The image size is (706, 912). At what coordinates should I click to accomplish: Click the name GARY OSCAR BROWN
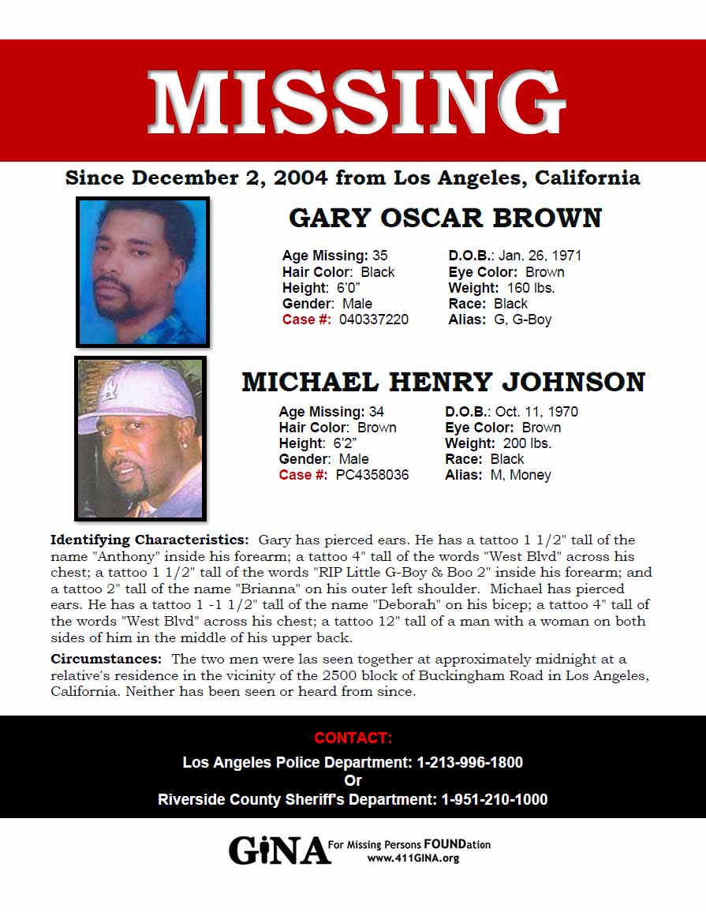(445, 218)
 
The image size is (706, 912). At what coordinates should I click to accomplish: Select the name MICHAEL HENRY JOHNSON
(443, 382)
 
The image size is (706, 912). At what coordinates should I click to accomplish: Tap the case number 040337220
(374, 320)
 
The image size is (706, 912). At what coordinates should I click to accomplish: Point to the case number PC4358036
(372, 475)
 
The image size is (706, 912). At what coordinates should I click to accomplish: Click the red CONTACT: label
(353, 738)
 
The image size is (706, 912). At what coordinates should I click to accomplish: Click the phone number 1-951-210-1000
(494, 799)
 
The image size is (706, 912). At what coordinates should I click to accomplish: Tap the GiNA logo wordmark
(279, 850)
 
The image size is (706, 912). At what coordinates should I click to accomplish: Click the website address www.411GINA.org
(413, 858)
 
